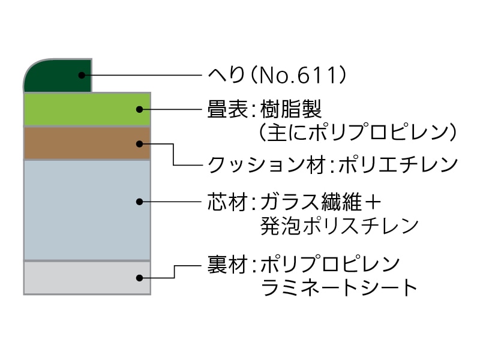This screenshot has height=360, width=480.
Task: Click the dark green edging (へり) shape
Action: tap(57, 77)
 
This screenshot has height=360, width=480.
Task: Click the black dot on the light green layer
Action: tap(139, 109)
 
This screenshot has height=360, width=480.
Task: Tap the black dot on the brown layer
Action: tap(139, 143)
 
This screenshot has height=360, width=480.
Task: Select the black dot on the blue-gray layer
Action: tap(139, 202)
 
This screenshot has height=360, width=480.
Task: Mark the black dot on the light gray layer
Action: tap(139, 278)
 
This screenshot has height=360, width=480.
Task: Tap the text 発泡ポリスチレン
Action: tap(339, 226)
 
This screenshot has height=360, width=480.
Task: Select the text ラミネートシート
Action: tap(339, 287)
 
